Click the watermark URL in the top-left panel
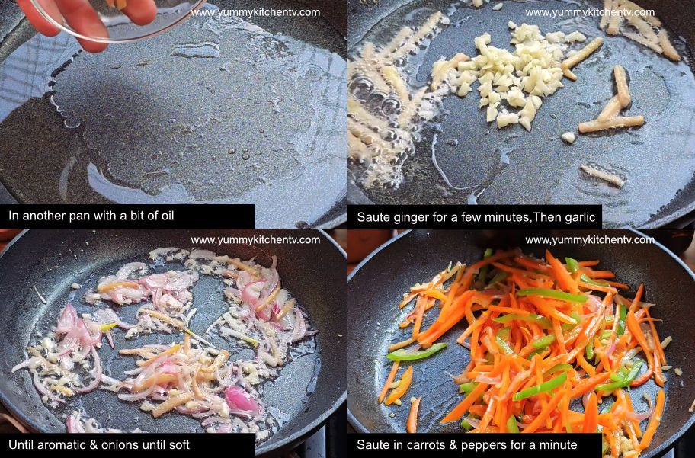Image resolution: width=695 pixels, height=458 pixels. click(255, 12)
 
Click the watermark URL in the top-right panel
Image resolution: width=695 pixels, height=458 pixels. click(590, 12)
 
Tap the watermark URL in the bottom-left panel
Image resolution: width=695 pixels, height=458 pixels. click(255, 239)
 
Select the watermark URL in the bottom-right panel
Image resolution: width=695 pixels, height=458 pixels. click(590, 239)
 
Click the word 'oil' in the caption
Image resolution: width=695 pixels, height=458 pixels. click(165, 216)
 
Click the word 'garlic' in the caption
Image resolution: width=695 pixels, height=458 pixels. click(577, 216)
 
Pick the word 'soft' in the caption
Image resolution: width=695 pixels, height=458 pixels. click(178, 444)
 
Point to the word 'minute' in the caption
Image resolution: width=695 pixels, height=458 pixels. click(558, 444)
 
